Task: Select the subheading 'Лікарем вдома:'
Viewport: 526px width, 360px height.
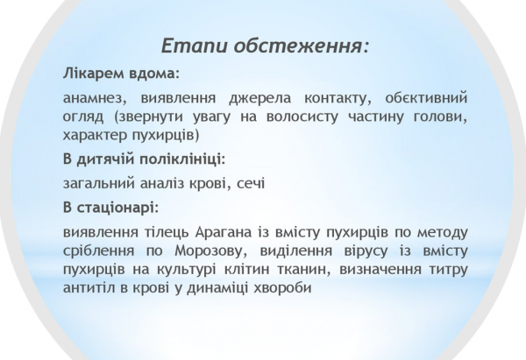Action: pyautogui.click(x=120, y=73)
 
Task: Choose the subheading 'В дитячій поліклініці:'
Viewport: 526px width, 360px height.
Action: pyautogui.click(x=145, y=160)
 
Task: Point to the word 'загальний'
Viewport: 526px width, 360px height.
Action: pyautogui.click(x=99, y=185)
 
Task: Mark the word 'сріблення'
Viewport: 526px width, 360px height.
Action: pyautogui.click(x=100, y=251)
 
